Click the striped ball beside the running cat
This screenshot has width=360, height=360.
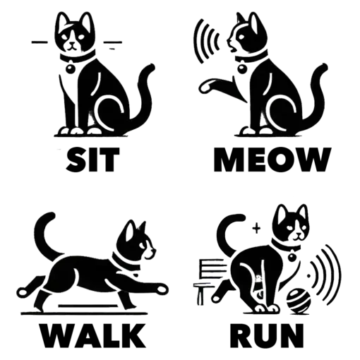(x=299, y=301)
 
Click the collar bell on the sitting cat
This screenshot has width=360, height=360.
(x=71, y=68)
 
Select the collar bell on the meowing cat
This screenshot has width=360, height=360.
(x=242, y=68)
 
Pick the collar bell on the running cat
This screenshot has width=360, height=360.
(x=292, y=257)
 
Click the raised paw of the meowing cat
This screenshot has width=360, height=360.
(x=207, y=86)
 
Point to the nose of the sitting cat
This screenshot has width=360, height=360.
(x=72, y=43)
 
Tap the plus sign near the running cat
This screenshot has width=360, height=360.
(x=256, y=229)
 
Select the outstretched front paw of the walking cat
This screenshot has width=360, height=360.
(x=162, y=289)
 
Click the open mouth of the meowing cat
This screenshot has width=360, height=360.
(x=234, y=49)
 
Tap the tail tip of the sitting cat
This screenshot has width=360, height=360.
(x=151, y=68)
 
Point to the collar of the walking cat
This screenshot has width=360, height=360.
(x=126, y=263)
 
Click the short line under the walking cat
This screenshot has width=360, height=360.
(x=88, y=306)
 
